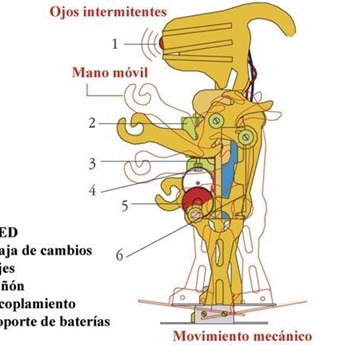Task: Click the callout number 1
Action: point(114,43)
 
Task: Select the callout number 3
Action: point(119,162)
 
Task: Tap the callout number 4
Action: point(119,188)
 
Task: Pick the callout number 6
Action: point(119,255)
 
